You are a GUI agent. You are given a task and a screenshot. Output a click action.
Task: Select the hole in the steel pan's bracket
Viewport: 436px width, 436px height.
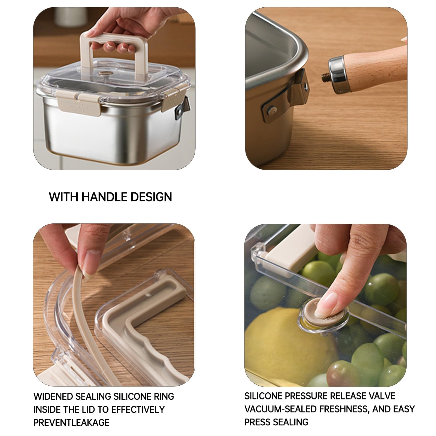coord(305,86)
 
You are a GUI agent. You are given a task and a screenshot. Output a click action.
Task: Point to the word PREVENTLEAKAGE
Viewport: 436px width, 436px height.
coord(71,422)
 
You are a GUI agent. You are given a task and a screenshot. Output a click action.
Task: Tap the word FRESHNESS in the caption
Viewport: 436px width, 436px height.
coord(344,409)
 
